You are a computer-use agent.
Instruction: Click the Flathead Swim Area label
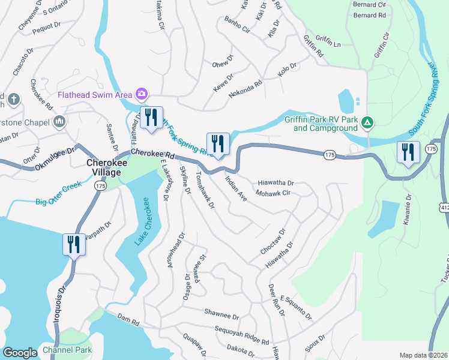[95, 94]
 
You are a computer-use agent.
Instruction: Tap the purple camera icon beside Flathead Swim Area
[142, 94]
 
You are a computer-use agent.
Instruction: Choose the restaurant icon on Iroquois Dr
[74, 245]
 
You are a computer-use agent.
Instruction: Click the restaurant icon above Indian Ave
[217, 143]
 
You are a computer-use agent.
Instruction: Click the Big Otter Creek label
[58, 202]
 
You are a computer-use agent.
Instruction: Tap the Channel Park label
[67, 350]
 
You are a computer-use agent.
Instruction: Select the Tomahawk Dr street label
[205, 192]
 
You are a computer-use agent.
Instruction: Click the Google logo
[20, 353]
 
